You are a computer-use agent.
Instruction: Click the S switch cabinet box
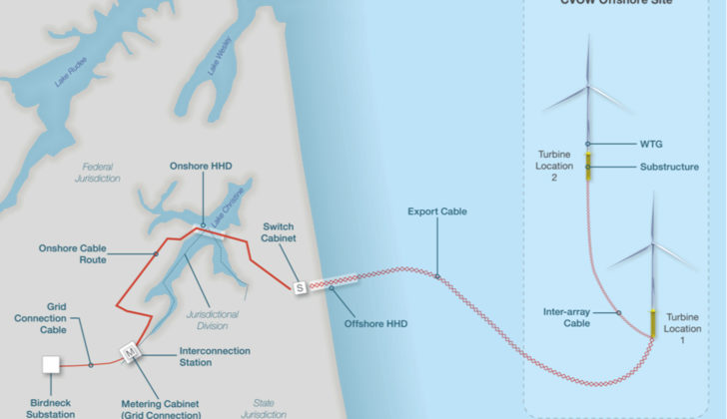click(x=300, y=288)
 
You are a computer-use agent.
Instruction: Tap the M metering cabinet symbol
click(x=128, y=352)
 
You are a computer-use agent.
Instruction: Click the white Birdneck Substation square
click(x=51, y=364)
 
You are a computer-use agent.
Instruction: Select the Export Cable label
click(x=437, y=211)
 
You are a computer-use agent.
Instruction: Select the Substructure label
click(x=669, y=167)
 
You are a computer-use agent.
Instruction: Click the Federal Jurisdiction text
click(x=97, y=172)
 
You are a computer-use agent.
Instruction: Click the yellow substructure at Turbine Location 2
click(x=589, y=167)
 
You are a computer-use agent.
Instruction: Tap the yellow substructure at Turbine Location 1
click(x=653, y=322)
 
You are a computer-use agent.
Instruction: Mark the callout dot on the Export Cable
click(x=437, y=275)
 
